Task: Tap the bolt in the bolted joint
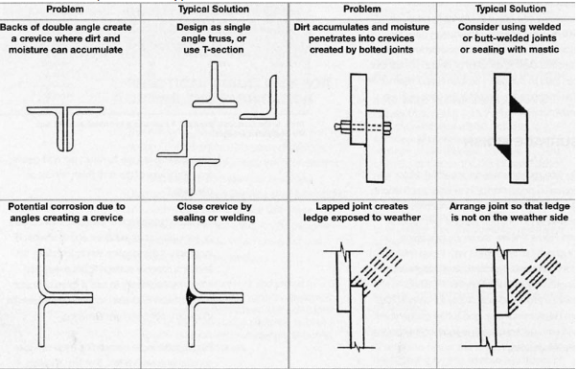click(362, 127)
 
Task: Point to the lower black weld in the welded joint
click(503, 150)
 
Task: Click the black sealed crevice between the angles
click(190, 295)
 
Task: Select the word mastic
click(545, 50)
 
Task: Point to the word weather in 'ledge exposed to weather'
click(404, 218)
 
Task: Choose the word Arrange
click(465, 206)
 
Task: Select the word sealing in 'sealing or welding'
click(189, 218)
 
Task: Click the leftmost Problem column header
click(65, 10)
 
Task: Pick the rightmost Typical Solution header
click(511, 10)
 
